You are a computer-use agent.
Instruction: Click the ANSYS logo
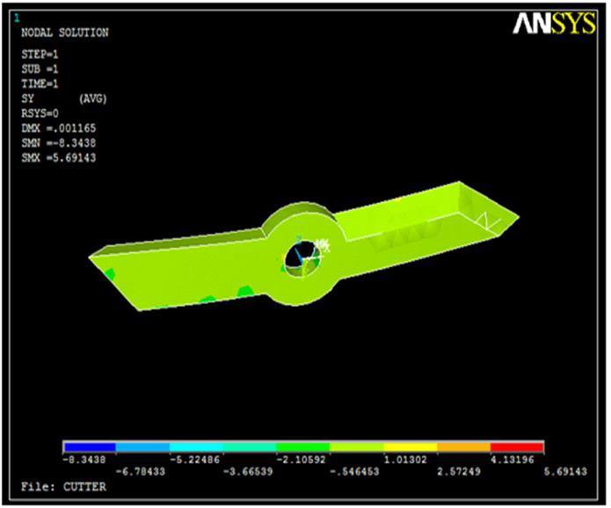(554, 24)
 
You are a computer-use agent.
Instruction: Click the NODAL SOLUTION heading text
(65, 33)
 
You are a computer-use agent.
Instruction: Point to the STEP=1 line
(40, 54)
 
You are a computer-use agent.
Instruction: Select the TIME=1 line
(40, 83)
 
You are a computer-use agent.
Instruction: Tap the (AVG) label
(92, 98)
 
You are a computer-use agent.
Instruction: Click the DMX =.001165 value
(58, 128)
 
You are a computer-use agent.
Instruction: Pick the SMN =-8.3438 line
(58, 143)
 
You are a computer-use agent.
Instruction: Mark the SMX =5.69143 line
(58, 158)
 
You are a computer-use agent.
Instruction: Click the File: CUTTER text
(63, 487)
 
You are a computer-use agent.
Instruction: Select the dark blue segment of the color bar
(90, 446)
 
